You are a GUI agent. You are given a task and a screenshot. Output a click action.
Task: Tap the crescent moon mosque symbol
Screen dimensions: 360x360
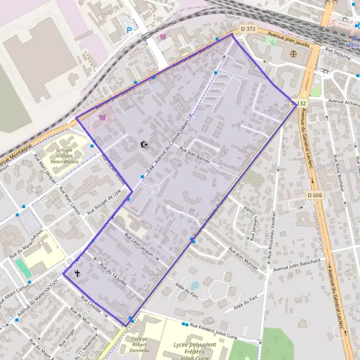143,145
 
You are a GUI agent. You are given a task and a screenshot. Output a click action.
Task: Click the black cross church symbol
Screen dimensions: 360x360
77,273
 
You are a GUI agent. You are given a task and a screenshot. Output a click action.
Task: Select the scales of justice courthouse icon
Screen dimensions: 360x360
293,52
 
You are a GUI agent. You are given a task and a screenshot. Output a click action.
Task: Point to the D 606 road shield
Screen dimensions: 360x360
314,195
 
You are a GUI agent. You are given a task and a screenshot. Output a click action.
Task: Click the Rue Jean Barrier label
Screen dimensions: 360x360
195,158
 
